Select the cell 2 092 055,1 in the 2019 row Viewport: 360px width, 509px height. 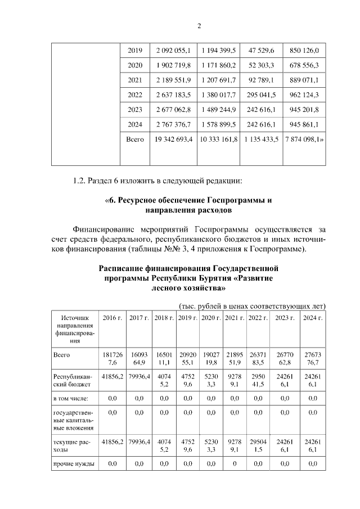pyautogui.click(x=173, y=51)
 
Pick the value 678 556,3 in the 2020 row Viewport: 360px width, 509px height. pyautogui.click(x=304, y=65)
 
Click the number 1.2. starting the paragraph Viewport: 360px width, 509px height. pyautogui.click(x=82, y=181)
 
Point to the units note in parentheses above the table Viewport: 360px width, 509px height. pyautogui.click(x=252, y=306)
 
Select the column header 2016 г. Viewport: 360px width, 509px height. pyautogui.click(x=112, y=318)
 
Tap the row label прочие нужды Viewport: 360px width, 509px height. pyautogui.click(x=73, y=464)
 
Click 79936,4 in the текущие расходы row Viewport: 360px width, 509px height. pyautogui.click(x=138, y=442)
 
